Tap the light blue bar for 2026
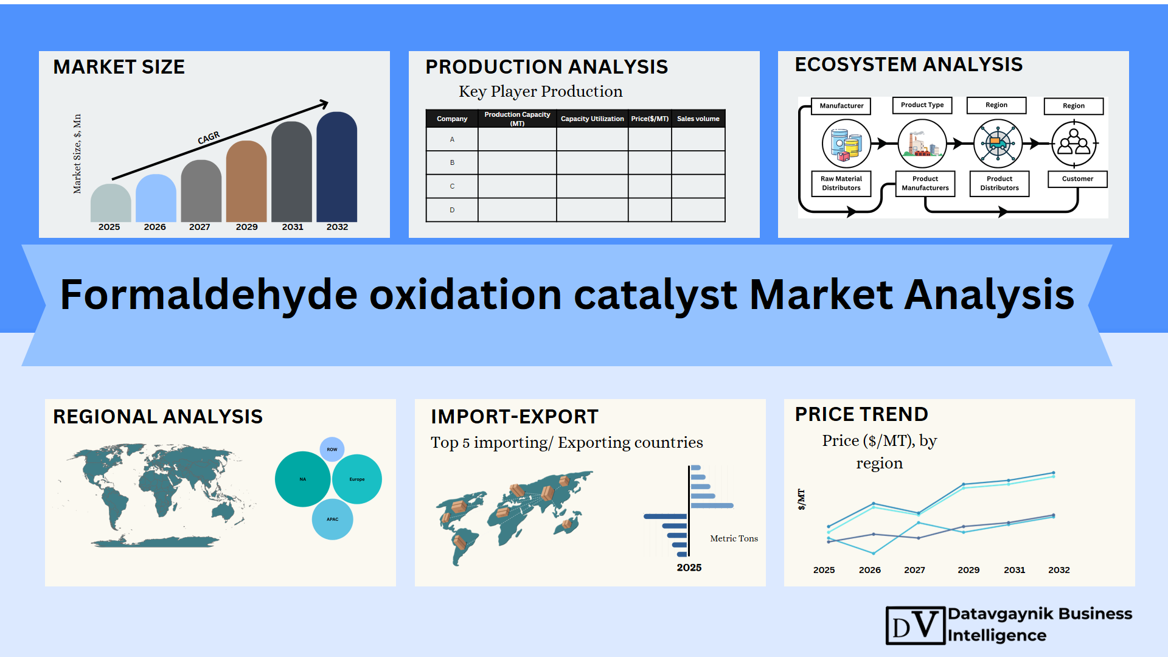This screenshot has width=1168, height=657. [156, 198]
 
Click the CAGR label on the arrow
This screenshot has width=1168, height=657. [209, 138]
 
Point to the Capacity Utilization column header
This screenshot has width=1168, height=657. [592, 119]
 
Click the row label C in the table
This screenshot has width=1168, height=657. [452, 186]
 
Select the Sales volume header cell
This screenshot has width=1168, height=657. [698, 119]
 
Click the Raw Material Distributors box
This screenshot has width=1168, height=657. [841, 183]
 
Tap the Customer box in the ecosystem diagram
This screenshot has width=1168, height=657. [1077, 179]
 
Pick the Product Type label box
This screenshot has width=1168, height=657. [922, 105]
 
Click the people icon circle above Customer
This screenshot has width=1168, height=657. [1074, 144]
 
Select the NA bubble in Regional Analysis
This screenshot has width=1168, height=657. [302, 479]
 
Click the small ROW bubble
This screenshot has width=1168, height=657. [332, 450]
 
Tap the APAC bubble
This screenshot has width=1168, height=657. [332, 520]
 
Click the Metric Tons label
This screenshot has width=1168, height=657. [734, 538]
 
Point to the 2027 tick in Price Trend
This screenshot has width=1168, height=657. [914, 570]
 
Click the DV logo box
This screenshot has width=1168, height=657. [915, 625]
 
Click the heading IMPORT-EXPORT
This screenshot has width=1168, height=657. [515, 417]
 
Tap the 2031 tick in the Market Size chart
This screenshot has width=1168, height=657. [293, 227]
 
